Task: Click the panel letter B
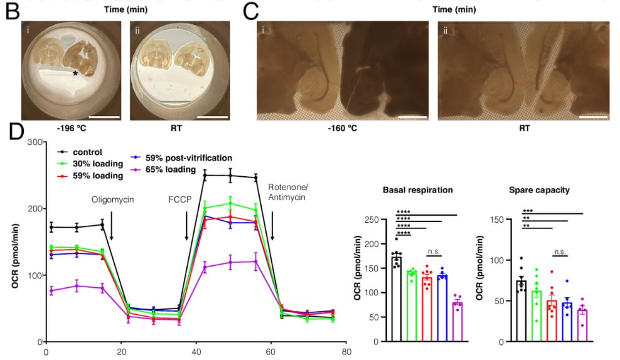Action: coord(13,11)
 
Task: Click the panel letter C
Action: coord(250,11)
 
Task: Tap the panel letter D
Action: coord(16,131)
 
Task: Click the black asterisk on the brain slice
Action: coord(75,73)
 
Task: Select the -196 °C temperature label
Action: coord(71,129)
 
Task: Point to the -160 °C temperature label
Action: coord(343,129)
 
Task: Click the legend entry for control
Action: coord(80,152)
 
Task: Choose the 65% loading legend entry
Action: coord(164,169)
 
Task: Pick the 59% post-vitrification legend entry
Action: coord(181,157)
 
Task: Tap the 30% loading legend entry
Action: coord(90,164)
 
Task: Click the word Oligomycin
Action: coord(113,199)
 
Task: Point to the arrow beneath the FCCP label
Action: coord(186,226)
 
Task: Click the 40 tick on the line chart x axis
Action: coord(196,352)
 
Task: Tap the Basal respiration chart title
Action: coord(417,190)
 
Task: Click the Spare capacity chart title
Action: coord(539,190)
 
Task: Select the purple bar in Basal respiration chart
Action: coord(457,322)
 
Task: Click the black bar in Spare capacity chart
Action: coord(521,311)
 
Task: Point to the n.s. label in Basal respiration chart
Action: coord(434,251)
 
